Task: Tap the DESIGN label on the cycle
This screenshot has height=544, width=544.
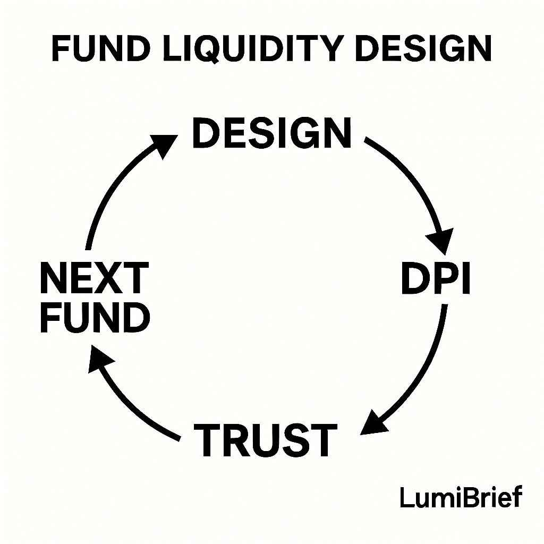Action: click(x=271, y=133)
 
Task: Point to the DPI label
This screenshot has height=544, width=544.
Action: click(x=436, y=279)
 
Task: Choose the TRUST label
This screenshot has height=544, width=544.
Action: click(x=266, y=440)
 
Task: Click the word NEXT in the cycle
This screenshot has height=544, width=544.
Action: click(x=94, y=278)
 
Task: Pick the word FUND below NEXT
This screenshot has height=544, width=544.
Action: click(x=95, y=317)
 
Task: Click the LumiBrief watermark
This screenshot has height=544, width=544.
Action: click(x=461, y=498)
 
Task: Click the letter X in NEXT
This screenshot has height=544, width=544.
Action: click(x=108, y=278)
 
